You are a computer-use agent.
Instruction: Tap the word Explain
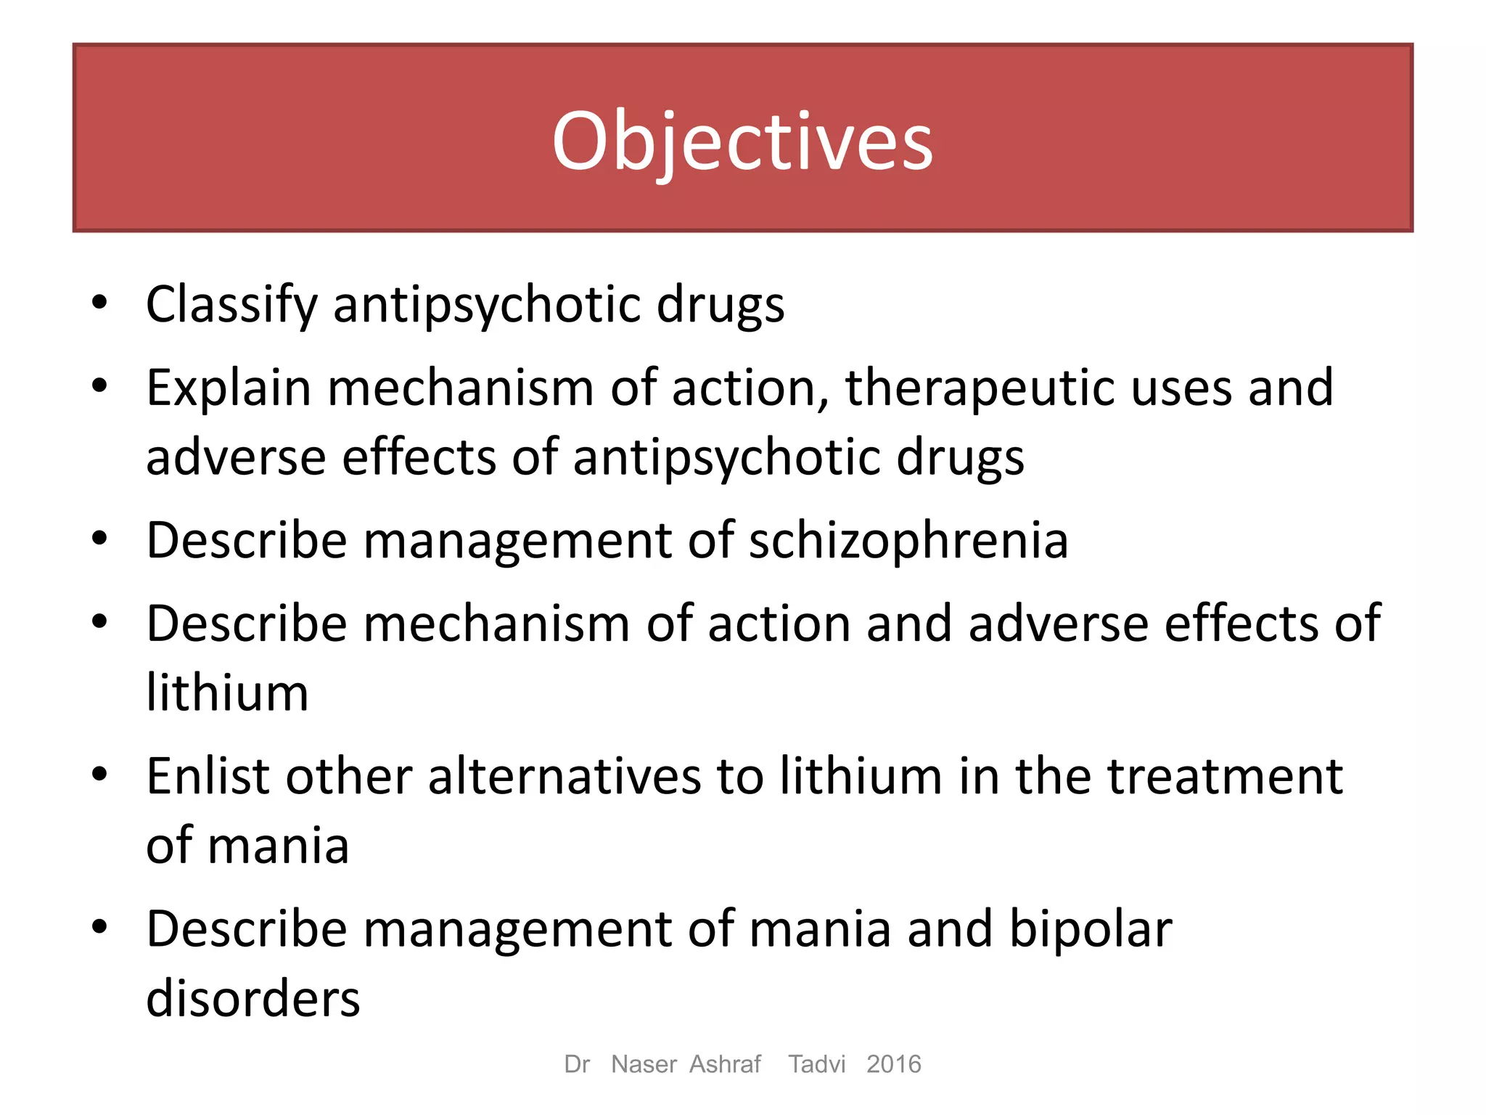229,388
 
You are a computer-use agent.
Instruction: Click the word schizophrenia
908,541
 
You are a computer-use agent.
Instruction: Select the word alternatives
565,777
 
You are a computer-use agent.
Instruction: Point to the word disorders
253,999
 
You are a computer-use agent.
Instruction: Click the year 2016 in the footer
894,1064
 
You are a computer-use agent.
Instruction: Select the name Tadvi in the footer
817,1064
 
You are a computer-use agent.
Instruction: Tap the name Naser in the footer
644,1064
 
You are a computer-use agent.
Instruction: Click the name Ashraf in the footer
725,1064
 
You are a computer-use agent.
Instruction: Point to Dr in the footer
577,1064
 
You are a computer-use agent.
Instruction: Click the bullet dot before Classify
100,303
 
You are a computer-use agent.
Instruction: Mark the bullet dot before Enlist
100,775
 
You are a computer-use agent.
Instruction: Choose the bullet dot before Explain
100,386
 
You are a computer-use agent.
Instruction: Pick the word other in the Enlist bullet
349,777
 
